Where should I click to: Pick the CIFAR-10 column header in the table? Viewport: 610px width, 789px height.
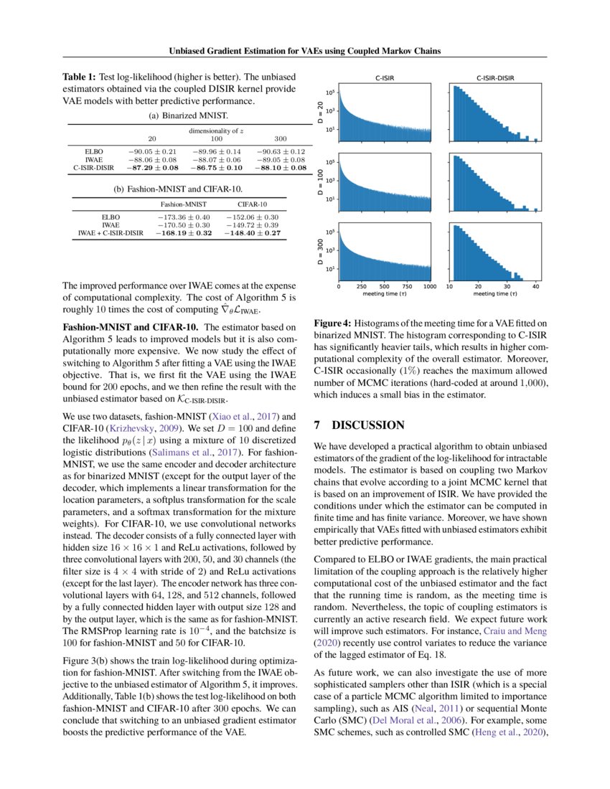click(252, 204)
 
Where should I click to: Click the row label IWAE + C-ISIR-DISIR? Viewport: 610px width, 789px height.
click(111, 232)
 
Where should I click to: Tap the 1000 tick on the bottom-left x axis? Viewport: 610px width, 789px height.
click(429, 285)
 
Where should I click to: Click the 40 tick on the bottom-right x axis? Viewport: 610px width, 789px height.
click(535, 285)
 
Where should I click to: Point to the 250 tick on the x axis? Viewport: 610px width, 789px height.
click(361, 285)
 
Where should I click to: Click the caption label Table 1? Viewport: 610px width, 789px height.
click(81, 77)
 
